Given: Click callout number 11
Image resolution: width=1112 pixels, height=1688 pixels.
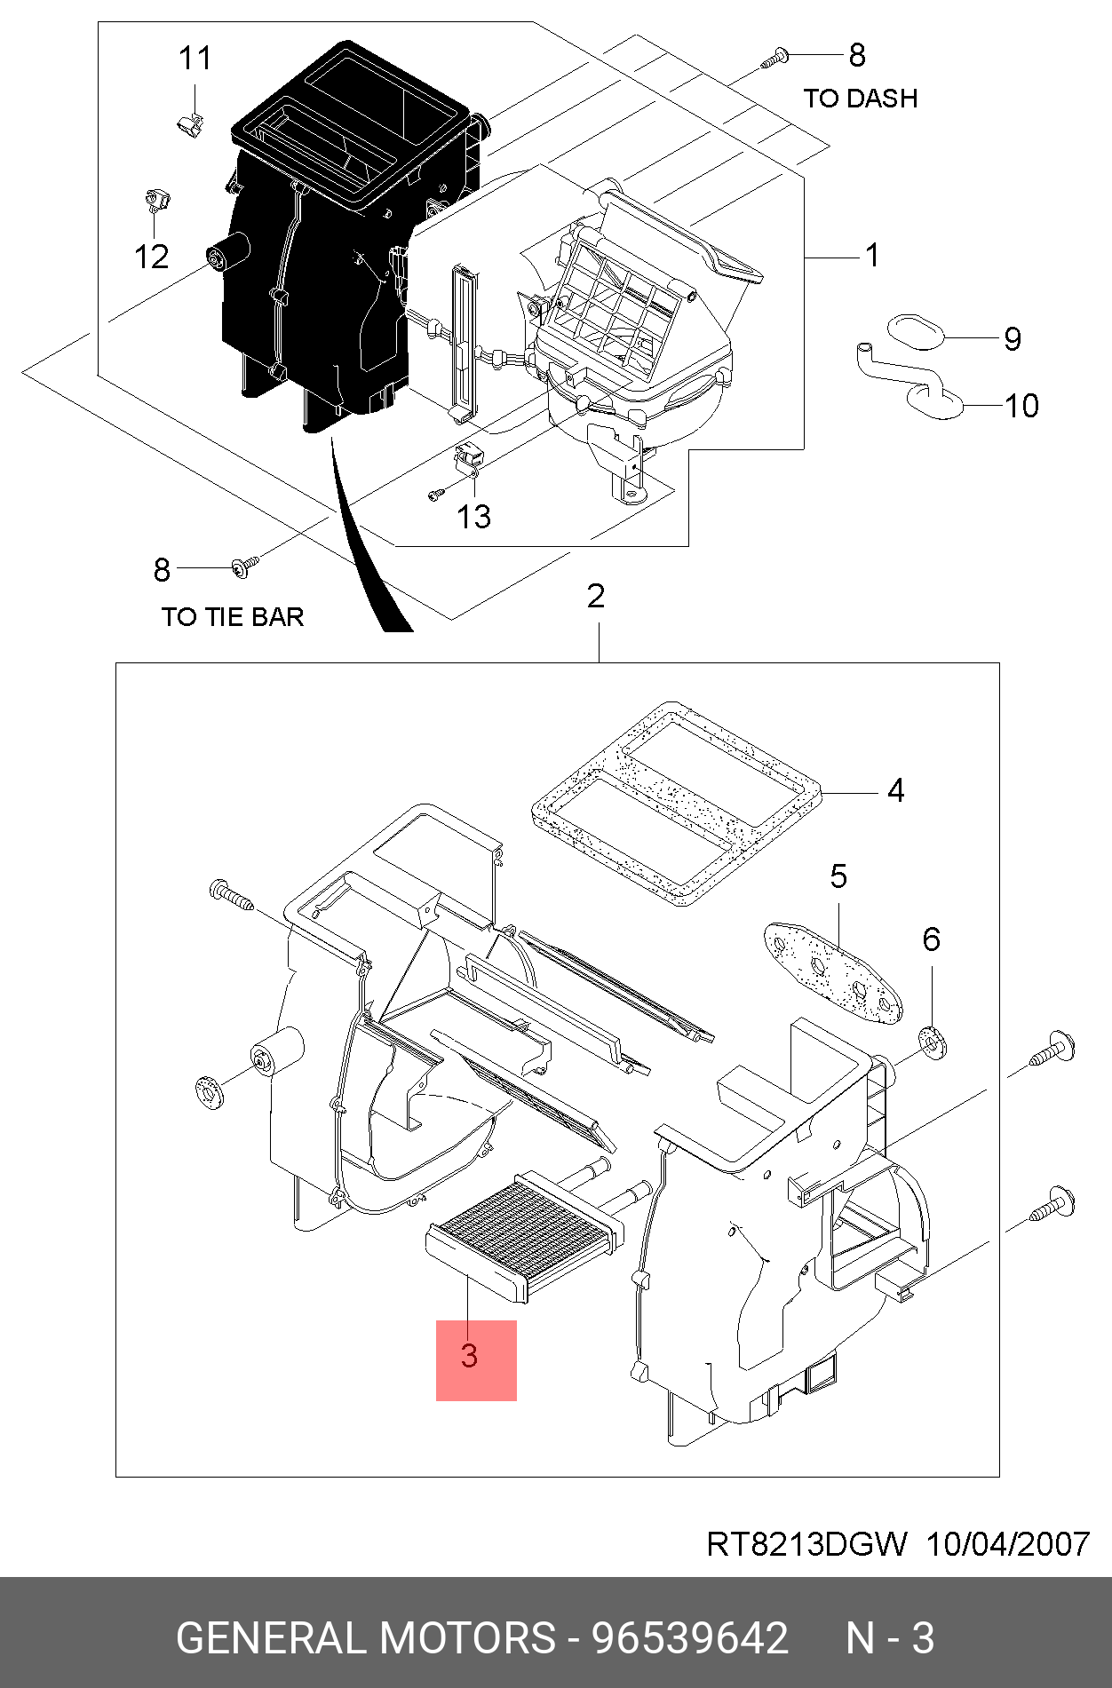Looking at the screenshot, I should click(x=195, y=59).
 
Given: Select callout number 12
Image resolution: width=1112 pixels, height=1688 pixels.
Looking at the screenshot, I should click(x=151, y=258).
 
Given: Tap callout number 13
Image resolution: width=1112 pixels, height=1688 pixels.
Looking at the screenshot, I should click(x=473, y=517).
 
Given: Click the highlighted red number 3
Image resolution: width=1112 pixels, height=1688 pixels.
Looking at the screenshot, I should click(x=471, y=1356).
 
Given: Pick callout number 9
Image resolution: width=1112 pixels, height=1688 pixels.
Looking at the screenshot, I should click(x=1013, y=339).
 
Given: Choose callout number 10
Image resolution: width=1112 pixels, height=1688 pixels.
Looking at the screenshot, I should click(x=1021, y=407).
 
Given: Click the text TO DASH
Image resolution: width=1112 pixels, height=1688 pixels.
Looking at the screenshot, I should click(x=860, y=99).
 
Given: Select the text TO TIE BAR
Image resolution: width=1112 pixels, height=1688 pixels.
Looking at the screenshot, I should click(x=233, y=617).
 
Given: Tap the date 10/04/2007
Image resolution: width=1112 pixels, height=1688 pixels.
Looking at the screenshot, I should click(x=1008, y=1545).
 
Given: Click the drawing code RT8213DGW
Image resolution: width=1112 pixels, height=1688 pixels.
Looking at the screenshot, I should click(x=806, y=1545).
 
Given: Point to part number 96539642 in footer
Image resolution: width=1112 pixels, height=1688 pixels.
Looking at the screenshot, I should click(x=690, y=1638).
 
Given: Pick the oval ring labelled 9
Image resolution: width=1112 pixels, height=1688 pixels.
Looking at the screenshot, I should click(x=914, y=331).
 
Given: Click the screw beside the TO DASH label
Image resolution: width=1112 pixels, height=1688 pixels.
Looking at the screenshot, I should click(x=774, y=59).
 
